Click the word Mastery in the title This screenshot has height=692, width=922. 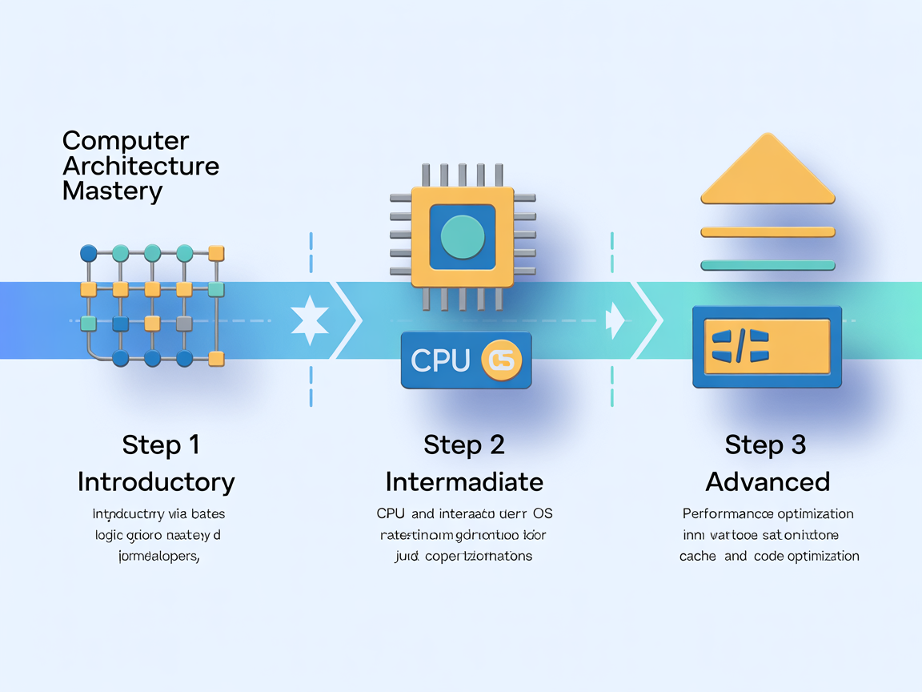pyautogui.click(x=112, y=192)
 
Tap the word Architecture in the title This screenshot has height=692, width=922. pyautogui.click(x=141, y=167)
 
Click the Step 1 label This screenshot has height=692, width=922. pyautogui.click(x=161, y=445)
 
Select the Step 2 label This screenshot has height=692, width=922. pyautogui.click(x=463, y=445)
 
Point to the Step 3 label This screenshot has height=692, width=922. pyautogui.click(x=765, y=445)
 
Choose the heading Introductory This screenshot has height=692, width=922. pyautogui.click(x=156, y=482)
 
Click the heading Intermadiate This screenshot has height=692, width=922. pyautogui.click(x=464, y=482)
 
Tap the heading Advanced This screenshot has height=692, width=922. pyautogui.click(x=768, y=482)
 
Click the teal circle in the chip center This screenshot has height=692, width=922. pyautogui.click(x=463, y=238)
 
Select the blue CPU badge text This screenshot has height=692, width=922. pyautogui.click(x=440, y=361)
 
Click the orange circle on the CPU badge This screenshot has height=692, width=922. pyautogui.click(x=501, y=361)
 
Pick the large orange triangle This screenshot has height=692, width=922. pyautogui.click(x=768, y=170)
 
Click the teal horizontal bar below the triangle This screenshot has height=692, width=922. pyautogui.click(x=768, y=265)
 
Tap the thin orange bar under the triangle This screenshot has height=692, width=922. pyautogui.click(x=768, y=232)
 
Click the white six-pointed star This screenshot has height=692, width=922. pyautogui.click(x=310, y=322)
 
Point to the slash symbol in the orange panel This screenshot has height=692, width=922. pyautogui.click(x=740, y=347)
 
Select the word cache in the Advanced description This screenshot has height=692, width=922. pyautogui.click(x=698, y=556)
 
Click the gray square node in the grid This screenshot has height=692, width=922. pyautogui.click(x=184, y=324)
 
